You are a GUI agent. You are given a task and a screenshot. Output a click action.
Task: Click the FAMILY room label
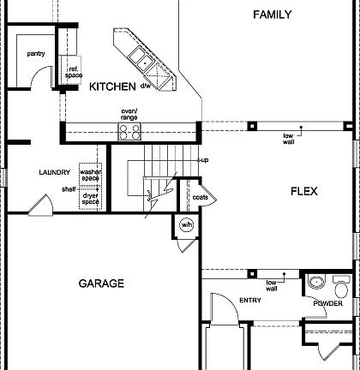click(x=273, y=15)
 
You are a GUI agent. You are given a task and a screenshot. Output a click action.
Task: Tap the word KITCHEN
click(x=112, y=87)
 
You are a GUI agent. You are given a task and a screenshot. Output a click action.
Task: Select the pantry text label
click(x=35, y=53)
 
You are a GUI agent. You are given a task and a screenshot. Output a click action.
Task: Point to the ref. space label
click(x=74, y=72)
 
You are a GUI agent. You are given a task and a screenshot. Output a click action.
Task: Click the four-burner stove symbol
click(x=129, y=131)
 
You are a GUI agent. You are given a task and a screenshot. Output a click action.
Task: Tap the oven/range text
click(x=129, y=114)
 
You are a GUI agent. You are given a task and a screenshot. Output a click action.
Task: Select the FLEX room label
click(x=303, y=192)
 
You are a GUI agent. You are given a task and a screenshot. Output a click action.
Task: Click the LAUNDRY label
click(x=54, y=172)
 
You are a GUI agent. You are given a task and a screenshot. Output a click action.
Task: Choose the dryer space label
click(x=90, y=199)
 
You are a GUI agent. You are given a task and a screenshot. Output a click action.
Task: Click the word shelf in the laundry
click(x=68, y=188)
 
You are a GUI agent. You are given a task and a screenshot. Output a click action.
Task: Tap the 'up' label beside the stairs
click(x=204, y=160)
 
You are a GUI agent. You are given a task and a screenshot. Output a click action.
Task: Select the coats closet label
click(x=200, y=197)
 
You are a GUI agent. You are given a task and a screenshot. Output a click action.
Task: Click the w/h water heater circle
click(x=187, y=226)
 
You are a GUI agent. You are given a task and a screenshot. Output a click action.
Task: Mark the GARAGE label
click(x=101, y=283)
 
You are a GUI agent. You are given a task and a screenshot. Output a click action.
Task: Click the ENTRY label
click(x=250, y=300)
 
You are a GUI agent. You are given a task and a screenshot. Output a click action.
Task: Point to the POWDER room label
click(x=327, y=303)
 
